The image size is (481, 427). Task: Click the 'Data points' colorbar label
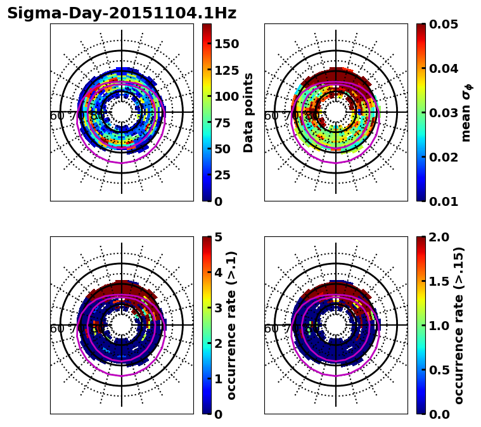(x=248, y=113)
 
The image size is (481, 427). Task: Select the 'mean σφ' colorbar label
(x=466, y=113)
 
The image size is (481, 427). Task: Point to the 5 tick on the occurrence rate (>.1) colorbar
(x=217, y=237)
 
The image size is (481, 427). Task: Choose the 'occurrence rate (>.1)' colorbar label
(x=232, y=326)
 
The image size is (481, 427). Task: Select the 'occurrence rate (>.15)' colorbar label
(x=459, y=326)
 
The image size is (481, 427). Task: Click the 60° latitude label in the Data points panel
(x=57, y=116)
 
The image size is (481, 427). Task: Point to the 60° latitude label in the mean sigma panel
(x=271, y=116)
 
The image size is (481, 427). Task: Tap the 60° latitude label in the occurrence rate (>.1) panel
(x=57, y=329)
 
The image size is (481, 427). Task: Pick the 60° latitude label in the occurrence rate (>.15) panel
(x=271, y=329)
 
